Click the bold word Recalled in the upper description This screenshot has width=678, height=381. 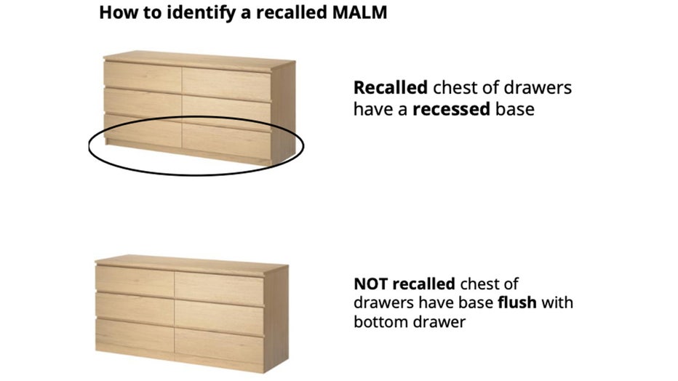click(x=390, y=88)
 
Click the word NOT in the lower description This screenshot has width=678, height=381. click(x=371, y=283)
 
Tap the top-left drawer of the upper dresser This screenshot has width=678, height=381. click(x=141, y=74)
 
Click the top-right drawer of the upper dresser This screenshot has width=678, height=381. click(x=225, y=79)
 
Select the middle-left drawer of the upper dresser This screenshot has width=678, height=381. click(x=141, y=102)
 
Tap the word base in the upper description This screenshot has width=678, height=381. click(x=516, y=109)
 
